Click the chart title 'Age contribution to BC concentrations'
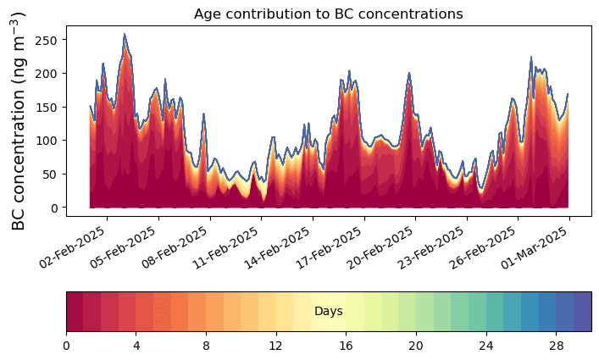coord(328,14)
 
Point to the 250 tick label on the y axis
coord(46,40)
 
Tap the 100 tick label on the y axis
coord(46,141)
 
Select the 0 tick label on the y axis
coord(53,208)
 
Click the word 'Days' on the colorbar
coord(329,311)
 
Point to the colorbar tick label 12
coord(275,346)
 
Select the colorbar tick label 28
coord(556,346)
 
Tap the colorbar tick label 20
coord(416,346)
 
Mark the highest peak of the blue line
coord(125,34)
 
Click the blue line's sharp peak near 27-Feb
coord(531,58)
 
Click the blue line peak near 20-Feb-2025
coord(408,73)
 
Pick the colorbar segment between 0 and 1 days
coord(75,312)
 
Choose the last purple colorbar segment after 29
coord(583,312)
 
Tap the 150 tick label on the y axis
coord(46,108)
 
